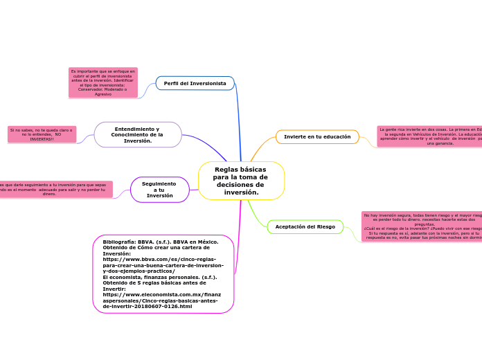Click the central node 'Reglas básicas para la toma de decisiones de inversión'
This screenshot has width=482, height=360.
pyautogui.click(x=240, y=181)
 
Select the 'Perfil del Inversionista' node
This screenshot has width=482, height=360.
pyautogui.click(x=195, y=83)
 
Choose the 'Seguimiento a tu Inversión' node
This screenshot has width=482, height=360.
pyautogui.click(x=159, y=190)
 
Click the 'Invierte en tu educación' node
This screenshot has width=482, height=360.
pyautogui.click(x=317, y=137)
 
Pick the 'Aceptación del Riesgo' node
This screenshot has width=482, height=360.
pyautogui.click(x=305, y=226)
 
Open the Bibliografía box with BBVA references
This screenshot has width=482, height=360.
pyautogui.click(x=163, y=273)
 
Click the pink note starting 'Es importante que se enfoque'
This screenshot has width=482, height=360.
pyautogui.click(x=102, y=82)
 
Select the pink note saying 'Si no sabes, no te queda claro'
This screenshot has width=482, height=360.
pyautogui.click(x=42, y=134)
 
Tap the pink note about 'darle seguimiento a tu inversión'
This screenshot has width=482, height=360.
pyautogui.click(x=55, y=189)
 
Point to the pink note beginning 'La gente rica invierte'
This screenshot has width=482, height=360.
pyautogui.click(x=429, y=136)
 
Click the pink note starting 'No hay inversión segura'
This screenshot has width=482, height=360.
pyautogui.click(x=422, y=226)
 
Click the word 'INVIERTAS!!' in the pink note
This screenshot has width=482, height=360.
pyautogui.click(x=42, y=139)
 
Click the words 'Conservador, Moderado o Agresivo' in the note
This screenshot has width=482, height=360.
pyautogui.click(x=102, y=91)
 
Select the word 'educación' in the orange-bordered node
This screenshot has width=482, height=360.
pyautogui.click(x=335, y=137)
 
